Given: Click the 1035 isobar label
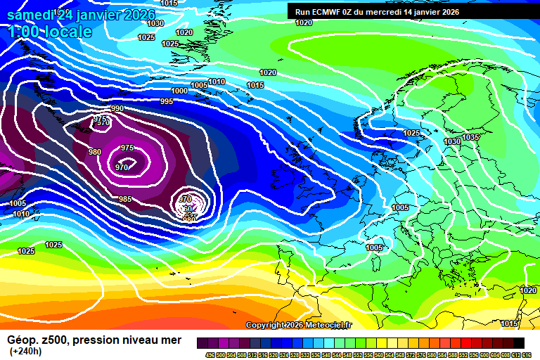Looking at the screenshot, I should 470,137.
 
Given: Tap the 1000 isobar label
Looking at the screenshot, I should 179,91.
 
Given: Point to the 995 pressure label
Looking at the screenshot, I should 166,102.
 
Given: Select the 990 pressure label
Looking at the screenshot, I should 117,108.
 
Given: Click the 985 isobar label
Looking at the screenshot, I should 125,199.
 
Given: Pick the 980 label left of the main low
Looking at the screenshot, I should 95,152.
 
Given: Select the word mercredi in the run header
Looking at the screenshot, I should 383,11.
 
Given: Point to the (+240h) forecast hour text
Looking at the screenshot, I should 25,352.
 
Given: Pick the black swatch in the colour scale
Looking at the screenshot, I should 519,342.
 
